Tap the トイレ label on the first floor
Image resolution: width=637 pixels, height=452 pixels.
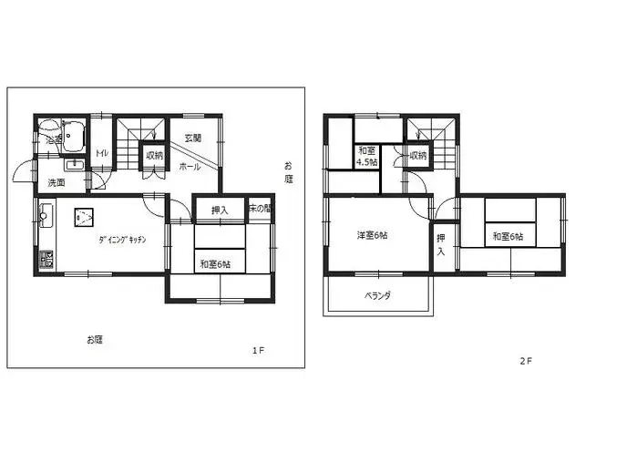(103, 153)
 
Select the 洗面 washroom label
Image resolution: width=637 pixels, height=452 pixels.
(57, 182)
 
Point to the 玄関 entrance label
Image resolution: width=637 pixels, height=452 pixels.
(193, 139)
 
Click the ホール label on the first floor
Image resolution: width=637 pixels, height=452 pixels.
(190, 167)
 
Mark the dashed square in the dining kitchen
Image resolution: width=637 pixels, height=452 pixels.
(86, 217)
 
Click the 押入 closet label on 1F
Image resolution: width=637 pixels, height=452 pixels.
(220, 211)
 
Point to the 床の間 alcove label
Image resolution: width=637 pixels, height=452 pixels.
(261, 210)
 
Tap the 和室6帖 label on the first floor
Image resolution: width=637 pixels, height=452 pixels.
(215, 264)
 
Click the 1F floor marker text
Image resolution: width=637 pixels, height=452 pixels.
(259, 350)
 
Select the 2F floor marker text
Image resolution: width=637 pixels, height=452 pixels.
(525, 360)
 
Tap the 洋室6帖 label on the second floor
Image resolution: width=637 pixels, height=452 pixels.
(372, 236)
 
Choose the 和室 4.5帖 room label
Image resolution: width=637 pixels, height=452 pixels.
(366, 156)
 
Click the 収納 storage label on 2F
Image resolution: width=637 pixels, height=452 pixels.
(418, 156)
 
